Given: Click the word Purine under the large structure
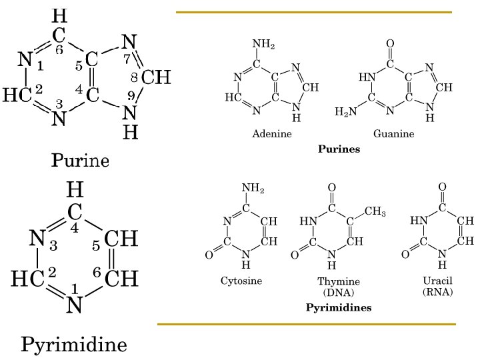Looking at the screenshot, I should point(80,160).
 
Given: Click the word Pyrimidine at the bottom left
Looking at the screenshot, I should point(73,345).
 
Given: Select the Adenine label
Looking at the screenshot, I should point(272,134).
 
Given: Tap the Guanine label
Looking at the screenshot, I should point(393,134).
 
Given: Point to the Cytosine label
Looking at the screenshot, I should point(241,281).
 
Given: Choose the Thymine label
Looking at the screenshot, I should point(339,282).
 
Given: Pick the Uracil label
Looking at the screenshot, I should point(437,281).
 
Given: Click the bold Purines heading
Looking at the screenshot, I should point(339,149).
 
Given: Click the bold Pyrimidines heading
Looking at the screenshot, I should point(339,308).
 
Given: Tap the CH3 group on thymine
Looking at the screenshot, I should point(375,212).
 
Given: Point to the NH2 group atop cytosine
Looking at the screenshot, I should point(253,189).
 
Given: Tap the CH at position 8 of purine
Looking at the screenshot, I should point(157,78).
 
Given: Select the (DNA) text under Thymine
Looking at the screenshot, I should point(339,292).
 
